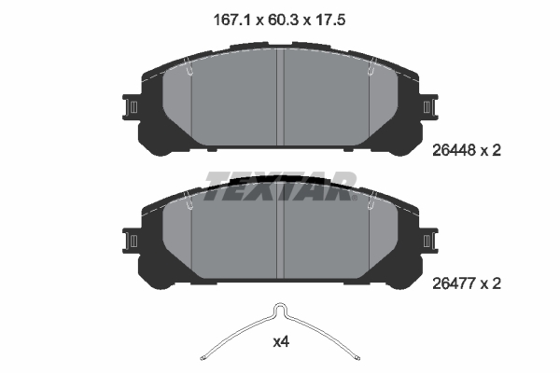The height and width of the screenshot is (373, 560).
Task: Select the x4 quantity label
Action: point(280,342)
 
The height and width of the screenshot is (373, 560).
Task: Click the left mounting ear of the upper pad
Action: point(132,107)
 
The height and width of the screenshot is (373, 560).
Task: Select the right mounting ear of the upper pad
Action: point(429,107)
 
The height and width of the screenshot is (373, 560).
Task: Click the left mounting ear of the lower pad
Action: point(132,241)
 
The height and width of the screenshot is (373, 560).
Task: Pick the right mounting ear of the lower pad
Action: point(429,241)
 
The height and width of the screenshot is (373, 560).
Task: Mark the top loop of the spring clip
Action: point(279,310)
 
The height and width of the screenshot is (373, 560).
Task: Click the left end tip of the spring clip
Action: point(204,355)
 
